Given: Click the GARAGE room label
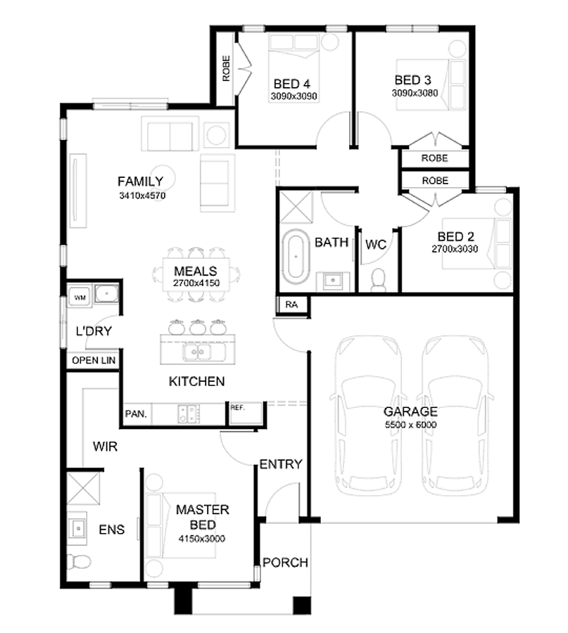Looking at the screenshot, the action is point(410,411).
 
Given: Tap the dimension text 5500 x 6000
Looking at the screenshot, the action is point(411,425).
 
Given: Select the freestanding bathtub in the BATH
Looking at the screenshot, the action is point(296,257).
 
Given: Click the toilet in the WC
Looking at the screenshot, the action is point(378,280).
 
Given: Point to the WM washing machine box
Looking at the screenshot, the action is point(80,297).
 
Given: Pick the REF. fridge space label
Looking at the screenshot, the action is point(237,408).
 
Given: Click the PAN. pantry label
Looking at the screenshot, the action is point(136,414).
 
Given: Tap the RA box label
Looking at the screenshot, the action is point(291,305).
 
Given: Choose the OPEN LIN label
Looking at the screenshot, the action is point(94,360).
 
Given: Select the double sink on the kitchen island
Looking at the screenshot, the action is point(198,352).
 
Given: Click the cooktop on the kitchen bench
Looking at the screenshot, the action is point(189,414).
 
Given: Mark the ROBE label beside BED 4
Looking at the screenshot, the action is point(226,68).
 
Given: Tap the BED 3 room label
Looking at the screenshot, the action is point(412,80).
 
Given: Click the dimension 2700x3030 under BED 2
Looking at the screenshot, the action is point(455,249).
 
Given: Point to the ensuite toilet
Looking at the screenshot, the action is point(79,561).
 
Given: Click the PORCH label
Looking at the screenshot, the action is point(285,563).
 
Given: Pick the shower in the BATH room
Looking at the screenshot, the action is point(296,207).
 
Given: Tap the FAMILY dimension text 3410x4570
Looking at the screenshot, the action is point(142,196).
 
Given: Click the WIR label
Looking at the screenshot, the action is point(105,447).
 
